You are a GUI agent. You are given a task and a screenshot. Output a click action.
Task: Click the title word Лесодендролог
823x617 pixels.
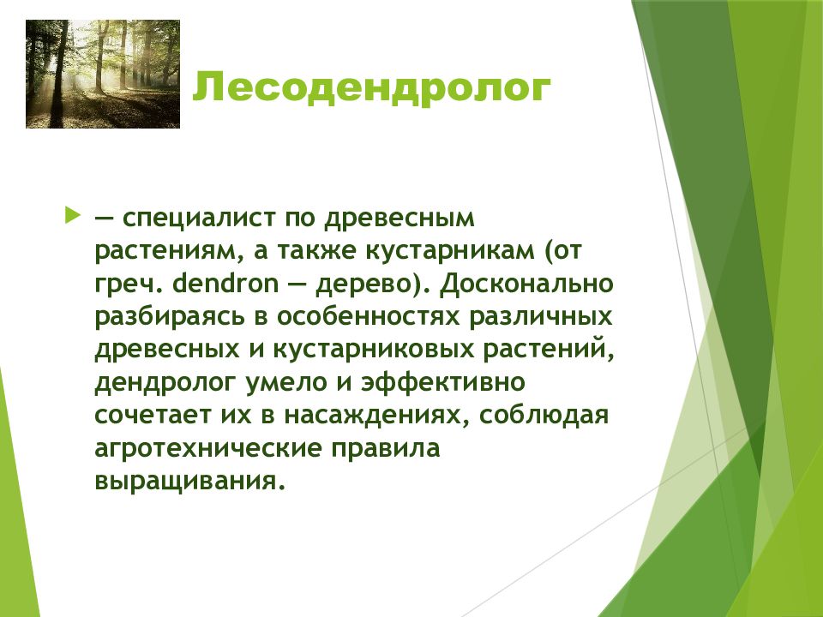click(x=371, y=88)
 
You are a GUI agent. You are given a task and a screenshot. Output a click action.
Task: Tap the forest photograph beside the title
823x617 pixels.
click(x=103, y=74)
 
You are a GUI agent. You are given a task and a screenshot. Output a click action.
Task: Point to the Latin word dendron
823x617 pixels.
click(x=225, y=284)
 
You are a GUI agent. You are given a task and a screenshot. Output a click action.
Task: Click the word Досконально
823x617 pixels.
click(x=527, y=284)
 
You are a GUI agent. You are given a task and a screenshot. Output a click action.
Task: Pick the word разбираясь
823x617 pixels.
click(x=170, y=317)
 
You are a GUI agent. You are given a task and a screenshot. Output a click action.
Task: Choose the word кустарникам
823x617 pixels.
click(x=449, y=251)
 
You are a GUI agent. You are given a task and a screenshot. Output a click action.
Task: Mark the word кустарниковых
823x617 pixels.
click(x=373, y=350)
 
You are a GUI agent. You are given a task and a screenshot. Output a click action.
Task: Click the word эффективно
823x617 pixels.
click(x=442, y=382)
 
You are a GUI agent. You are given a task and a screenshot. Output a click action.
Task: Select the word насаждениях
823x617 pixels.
click(x=375, y=416)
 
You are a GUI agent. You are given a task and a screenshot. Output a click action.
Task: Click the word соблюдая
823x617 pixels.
click(x=544, y=415)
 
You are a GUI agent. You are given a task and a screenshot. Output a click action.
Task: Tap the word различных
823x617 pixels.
click(x=541, y=317)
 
